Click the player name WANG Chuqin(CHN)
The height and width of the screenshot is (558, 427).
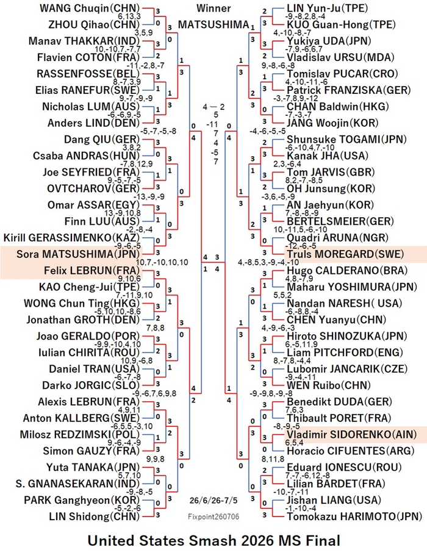click(90, 8)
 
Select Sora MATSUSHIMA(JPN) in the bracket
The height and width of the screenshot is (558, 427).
click(79, 254)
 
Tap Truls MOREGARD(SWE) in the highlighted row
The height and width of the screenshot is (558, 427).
click(345, 254)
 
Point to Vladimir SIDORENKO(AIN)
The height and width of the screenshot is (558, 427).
click(351, 435)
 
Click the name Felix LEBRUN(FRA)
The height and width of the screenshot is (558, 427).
click(91, 270)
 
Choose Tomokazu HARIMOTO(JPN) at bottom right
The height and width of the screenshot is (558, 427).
click(354, 517)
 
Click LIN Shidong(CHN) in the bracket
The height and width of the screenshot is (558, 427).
click(95, 517)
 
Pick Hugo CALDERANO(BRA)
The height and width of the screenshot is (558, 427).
click(347, 270)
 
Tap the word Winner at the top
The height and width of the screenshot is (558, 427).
click(213, 8)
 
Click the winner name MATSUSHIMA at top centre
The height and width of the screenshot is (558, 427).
click(213, 24)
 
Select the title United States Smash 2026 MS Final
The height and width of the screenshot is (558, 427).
click(214, 540)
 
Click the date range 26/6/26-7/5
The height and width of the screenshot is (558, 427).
click(213, 500)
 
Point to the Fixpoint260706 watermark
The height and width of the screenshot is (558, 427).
click(213, 517)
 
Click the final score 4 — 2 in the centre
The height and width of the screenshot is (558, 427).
click(214, 107)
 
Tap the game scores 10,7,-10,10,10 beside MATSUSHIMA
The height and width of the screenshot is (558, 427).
click(162, 263)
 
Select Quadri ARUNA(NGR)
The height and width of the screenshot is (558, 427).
click(338, 238)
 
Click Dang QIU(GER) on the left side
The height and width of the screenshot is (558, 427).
click(102, 139)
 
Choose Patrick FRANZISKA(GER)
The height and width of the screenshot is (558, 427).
click(349, 90)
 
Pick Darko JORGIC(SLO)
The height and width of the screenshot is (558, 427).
click(91, 385)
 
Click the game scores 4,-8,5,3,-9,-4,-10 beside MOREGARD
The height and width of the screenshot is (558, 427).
click(268, 263)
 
